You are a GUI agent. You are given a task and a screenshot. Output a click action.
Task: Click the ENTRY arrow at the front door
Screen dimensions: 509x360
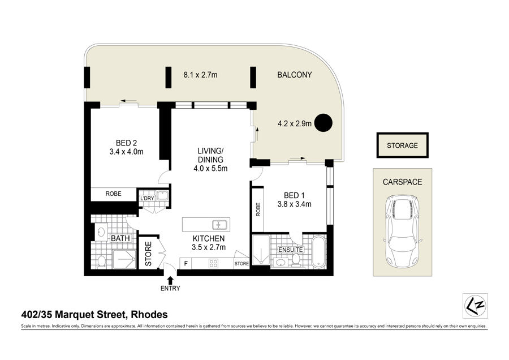point(170,280)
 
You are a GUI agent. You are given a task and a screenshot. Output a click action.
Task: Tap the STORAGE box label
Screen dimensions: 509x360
point(402,145)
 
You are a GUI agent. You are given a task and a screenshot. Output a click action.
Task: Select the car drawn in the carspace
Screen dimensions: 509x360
point(402,231)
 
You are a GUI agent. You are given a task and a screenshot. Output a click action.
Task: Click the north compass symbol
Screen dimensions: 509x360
point(475,306)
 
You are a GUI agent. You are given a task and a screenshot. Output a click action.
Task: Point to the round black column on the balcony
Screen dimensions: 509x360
point(323,123)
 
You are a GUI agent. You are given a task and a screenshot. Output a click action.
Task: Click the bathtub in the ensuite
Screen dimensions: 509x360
point(318,252)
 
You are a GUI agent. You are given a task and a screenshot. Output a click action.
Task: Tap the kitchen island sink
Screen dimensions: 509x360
point(220,225)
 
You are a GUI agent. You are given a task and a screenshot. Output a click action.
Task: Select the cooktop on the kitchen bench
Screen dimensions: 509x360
point(213,263)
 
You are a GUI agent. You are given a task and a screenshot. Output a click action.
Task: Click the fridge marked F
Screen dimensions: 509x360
point(186,263)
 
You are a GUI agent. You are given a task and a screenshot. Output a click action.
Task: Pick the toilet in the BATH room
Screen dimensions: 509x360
point(102,262)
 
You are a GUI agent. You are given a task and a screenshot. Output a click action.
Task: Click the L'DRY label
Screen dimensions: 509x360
point(146,198)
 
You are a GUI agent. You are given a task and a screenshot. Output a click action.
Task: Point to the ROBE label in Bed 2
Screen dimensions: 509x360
point(113,194)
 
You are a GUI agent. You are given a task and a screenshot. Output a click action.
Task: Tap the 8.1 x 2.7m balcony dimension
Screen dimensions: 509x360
point(200,75)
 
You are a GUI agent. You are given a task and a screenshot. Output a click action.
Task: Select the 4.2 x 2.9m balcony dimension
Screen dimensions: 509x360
point(295,123)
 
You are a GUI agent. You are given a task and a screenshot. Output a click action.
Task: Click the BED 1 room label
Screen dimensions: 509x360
point(294,195)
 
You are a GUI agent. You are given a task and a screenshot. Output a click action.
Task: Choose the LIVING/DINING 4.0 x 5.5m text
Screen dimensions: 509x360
point(210,160)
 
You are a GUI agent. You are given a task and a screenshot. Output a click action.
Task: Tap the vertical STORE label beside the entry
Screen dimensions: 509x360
point(148,254)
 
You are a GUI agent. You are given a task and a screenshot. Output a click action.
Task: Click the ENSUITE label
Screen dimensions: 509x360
point(291,250)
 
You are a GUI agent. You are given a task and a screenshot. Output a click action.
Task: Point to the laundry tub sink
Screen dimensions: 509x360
point(162,196)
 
